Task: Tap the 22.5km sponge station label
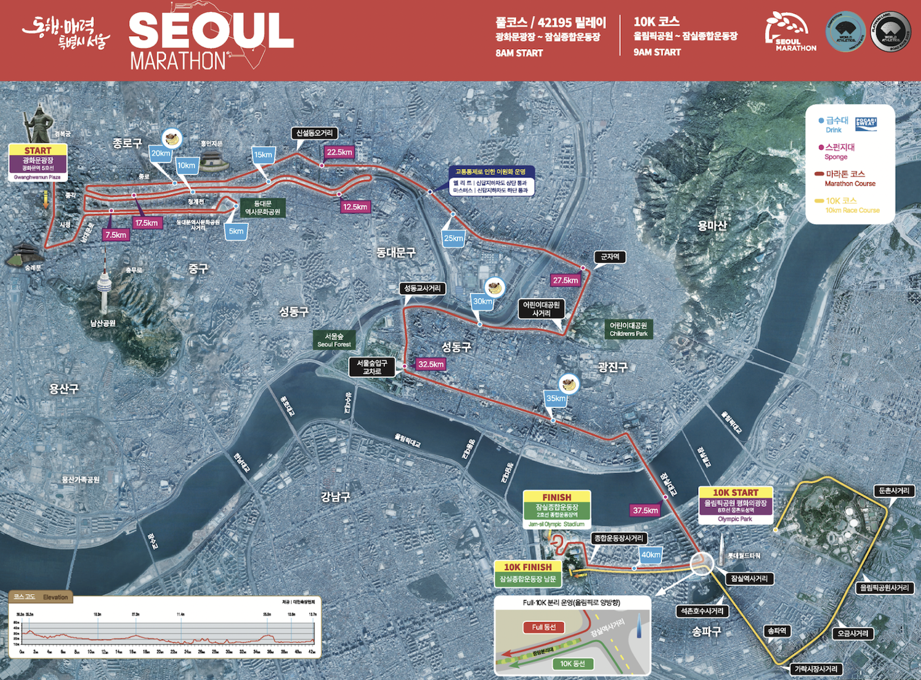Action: pyautogui.click(x=339, y=152)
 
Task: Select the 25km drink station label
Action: pyautogui.click(x=454, y=238)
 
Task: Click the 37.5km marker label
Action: pyautogui.click(x=645, y=511)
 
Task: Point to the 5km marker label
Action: pyautogui.click(x=236, y=231)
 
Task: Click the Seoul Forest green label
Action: pyautogui.click(x=334, y=340)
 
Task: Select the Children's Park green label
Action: pyautogui.click(x=628, y=329)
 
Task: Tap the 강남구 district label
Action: pyautogui.click(x=335, y=496)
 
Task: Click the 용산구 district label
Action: pyautogui.click(x=64, y=388)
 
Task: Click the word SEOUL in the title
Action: pyautogui.click(x=211, y=31)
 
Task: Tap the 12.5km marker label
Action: pyautogui.click(x=355, y=207)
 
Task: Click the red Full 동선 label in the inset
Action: pyautogui.click(x=543, y=627)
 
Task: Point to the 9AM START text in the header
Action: pyautogui.click(x=657, y=52)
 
